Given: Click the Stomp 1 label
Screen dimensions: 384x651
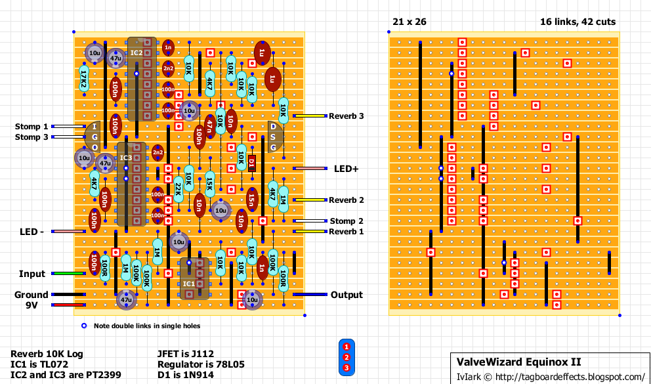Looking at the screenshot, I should coord(31,127).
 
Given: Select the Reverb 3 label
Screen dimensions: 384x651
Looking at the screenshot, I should coord(346,116).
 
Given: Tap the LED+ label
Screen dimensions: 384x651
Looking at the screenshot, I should coord(346,169).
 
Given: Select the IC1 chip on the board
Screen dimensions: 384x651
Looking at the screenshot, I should coord(194,278).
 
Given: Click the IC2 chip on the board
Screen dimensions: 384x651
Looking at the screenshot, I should coord(142,79).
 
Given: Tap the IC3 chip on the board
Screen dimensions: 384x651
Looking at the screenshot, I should coord(131,184).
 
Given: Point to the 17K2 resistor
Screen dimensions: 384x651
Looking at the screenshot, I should coord(84,79).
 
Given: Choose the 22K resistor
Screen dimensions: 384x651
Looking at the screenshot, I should coord(178,190).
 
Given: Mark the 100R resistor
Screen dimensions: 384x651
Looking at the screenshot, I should coord(283,279).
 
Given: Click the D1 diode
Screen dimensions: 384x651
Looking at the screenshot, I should coord(252,163).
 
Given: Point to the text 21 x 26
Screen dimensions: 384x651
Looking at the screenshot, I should coord(409,22).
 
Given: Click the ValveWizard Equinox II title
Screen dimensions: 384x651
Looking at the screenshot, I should coord(519,362).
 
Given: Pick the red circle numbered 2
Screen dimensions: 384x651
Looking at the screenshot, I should coord(346,357).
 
